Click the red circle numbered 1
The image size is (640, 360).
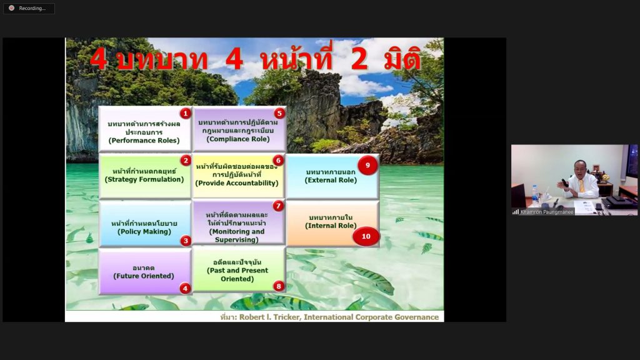tap(185, 113)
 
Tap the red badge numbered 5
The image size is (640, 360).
tap(279, 113)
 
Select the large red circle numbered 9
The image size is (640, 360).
tap(367, 165)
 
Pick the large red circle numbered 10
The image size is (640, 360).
tap(366, 236)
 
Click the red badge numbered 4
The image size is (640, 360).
tap(185, 289)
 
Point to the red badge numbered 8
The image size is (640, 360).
tap(279, 286)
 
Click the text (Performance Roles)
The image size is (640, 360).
tap(144, 141)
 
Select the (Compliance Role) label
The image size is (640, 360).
tap(238, 139)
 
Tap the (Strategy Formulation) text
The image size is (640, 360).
tap(144, 179)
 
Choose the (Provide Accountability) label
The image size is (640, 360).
tap(237, 183)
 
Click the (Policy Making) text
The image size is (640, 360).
tap(144, 231)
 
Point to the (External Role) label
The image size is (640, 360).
tap(331, 180)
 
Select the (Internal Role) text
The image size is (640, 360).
tap(331, 226)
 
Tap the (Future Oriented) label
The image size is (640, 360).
tap(144, 276)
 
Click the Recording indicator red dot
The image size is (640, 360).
tap(11, 8)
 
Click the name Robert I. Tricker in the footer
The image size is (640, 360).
tap(269, 317)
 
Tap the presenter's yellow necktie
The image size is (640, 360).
tap(581, 186)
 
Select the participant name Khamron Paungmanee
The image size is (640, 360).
tap(547, 212)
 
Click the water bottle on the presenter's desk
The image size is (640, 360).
tap(535, 195)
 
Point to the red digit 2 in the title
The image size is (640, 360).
tap(359, 59)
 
